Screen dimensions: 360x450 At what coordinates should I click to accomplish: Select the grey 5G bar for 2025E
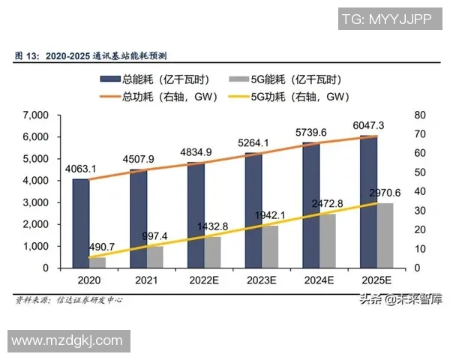coord(385,235)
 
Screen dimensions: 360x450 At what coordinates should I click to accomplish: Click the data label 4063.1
coord(79,169)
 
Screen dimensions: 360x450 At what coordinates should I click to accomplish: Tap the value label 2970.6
coord(385,193)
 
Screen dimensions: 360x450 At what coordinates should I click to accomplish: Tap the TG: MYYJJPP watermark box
coord(387,19)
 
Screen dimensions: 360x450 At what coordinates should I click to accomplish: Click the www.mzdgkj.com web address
coord(67,340)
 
